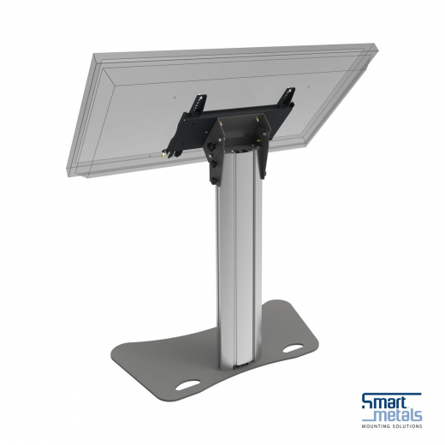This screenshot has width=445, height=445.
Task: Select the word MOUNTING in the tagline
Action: click(x=377, y=426)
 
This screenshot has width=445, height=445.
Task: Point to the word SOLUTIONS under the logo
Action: click(x=406, y=426)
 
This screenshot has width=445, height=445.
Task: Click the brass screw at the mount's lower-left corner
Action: click(x=163, y=155)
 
